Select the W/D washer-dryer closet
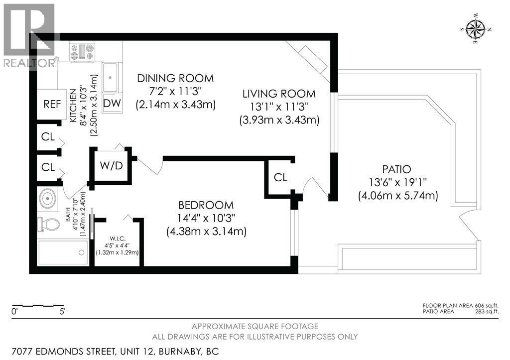[112, 165]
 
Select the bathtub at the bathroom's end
[63, 253]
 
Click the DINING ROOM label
[175, 78]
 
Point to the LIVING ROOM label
[279, 94]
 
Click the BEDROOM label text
[206, 205]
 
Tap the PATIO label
[397, 169]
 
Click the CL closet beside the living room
[280, 177]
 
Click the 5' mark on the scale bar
[62, 312]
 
